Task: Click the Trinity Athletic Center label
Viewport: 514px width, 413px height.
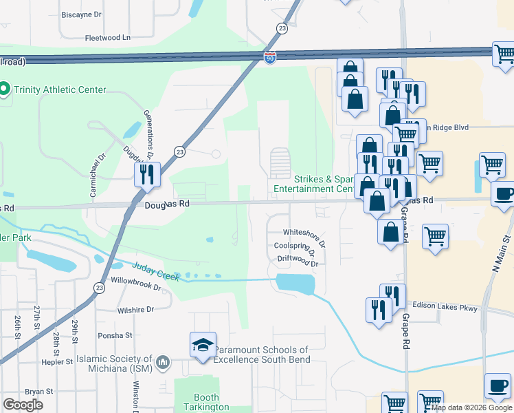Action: pyautogui.click(x=60, y=89)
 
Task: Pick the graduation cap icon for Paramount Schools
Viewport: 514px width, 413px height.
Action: pyautogui.click(x=203, y=346)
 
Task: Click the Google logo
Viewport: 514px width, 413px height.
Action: pyautogui.click(x=23, y=404)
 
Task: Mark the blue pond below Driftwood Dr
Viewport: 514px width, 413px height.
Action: pyautogui.click(x=295, y=283)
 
